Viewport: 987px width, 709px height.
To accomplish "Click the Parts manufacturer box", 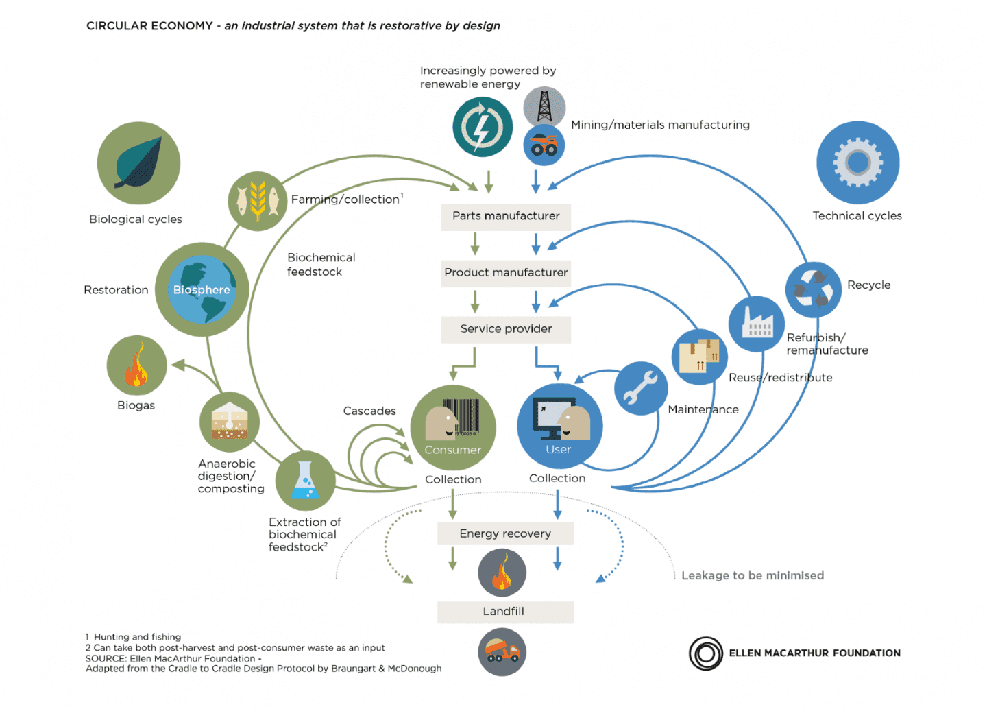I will [506, 216].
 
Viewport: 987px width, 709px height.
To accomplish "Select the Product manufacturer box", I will [506, 272].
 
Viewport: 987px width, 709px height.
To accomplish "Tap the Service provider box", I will [506, 329].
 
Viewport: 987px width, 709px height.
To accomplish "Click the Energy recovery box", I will [505, 533].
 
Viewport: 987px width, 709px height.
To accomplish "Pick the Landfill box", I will [505, 612].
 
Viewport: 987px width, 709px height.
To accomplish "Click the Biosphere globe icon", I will [202, 289].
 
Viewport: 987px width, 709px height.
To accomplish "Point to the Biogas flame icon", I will [136, 365].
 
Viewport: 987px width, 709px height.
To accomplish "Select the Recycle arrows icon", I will [813, 289].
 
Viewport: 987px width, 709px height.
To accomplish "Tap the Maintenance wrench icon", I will [641, 388].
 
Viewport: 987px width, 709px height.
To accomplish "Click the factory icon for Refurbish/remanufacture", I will [756, 324].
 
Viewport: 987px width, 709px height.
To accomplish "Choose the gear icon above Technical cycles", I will [857, 163].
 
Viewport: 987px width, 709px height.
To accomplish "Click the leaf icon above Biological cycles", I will [138, 163].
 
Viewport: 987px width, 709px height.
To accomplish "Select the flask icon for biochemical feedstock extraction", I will [305, 481].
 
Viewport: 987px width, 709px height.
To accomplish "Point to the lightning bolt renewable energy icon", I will [482, 127].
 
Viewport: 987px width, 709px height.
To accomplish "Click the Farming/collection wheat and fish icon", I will [258, 201].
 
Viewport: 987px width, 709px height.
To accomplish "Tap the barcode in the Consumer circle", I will [461, 417].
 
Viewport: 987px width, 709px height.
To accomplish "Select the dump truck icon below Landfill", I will [502, 652].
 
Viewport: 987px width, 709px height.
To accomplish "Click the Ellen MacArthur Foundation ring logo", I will [706, 653].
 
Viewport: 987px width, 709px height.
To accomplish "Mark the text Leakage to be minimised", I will [752, 576].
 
